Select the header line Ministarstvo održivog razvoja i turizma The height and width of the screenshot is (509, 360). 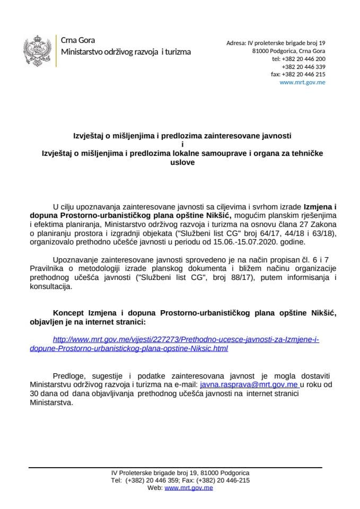pos(126,52)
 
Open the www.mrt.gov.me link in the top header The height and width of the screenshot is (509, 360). pos(302,83)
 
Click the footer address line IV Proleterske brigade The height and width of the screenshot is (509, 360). pos(180,472)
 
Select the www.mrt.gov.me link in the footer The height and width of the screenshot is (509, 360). pos(188,487)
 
